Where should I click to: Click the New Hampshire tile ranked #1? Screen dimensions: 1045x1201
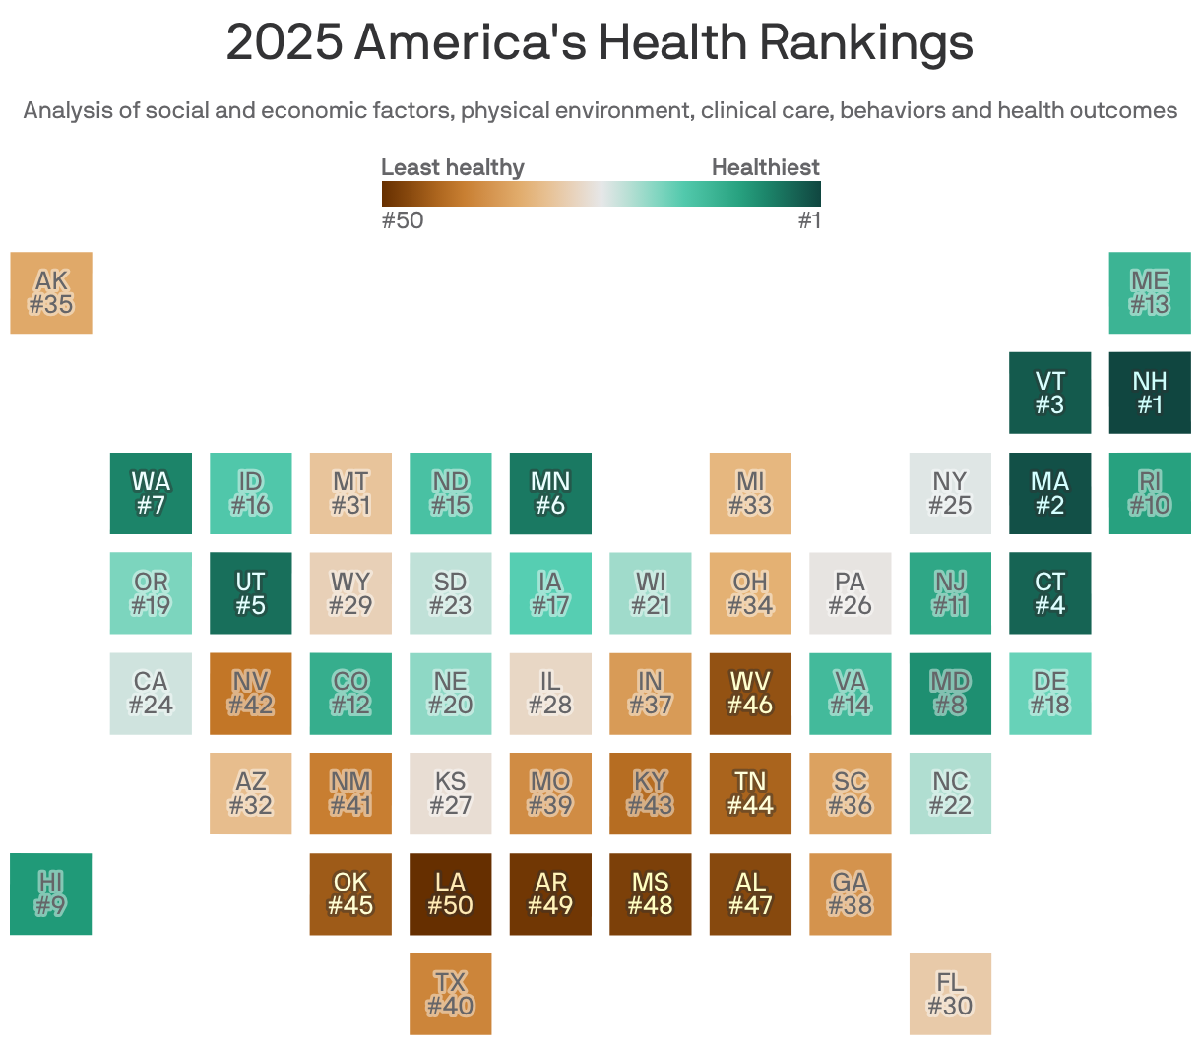[1149, 393]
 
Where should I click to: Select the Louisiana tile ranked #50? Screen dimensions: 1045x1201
[450, 893]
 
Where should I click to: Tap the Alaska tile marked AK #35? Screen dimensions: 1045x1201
[51, 292]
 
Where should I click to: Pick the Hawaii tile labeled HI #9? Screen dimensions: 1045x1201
[51, 893]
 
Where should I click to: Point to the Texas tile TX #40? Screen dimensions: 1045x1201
[450, 994]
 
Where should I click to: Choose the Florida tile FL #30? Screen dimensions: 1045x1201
[950, 994]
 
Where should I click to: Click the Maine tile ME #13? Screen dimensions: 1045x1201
[1149, 292]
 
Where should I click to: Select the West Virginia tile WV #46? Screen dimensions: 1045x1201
[750, 693]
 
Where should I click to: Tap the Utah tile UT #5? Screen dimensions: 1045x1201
[250, 592]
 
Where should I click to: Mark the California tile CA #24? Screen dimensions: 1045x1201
[151, 693]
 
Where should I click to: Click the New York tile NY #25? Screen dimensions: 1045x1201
[950, 493]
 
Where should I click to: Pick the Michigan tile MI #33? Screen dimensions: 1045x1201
[750, 493]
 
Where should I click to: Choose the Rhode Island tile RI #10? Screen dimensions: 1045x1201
[1149, 493]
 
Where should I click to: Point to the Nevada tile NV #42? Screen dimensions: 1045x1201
[250, 693]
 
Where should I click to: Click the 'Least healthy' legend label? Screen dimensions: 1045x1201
[452, 167]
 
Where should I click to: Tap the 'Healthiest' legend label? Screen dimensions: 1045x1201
[765, 167]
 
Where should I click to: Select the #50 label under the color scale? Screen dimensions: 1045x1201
[402, 220]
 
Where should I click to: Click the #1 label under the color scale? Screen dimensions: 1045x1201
[808, 220]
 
